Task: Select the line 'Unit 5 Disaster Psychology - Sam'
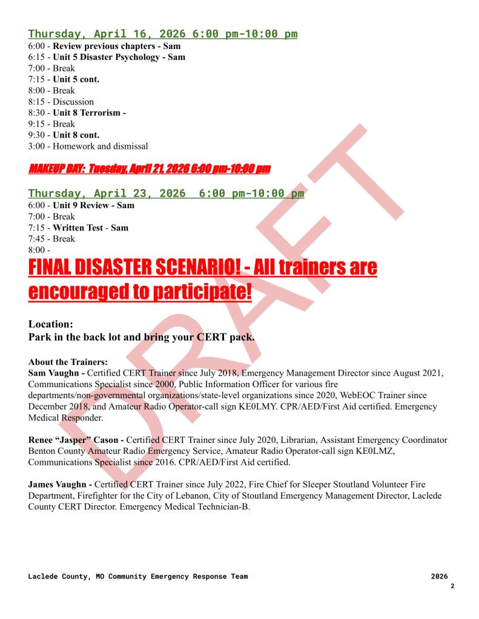pyautogui.click(x=119, y=57)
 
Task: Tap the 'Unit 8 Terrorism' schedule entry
pyautogui.click(x=89, y=113)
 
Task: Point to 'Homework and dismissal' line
pyautogui.click(x=100, y=146)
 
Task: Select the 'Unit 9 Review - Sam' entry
pyautogui.click(x=93, y=205)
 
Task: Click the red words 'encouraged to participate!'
pyautogui.click(x=140, y=292)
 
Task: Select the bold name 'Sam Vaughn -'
pyautogui.click(x=57, y=373)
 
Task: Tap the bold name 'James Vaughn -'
pyautogui.click(x=60, y=484)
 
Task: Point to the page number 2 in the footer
pyautogui.click(x=452, y=586)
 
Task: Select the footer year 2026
pyautogui.click(x=440, y=577)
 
